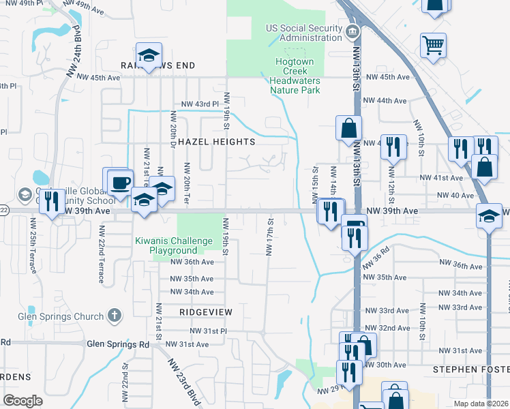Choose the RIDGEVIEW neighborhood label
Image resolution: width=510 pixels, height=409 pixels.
pyautogui.click(x=206, y=312)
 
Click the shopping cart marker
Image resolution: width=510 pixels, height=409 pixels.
pyautogui.click(x=433, y=46)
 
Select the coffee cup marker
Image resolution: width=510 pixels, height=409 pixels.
pyautogui.click(x=121, y=183)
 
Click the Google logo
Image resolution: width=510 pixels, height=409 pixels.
pyautogui.click(x=22, y=401)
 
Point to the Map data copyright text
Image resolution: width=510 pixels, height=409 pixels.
pyautogui.click(x=481, y=404)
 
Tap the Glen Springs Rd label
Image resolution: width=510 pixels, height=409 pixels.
pyautogui.click(x=118, y=344)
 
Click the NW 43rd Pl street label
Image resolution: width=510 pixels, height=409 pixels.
pyautogui.click(x=199, y=104)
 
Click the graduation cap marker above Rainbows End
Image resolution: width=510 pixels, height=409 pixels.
pyautogui.click(x=148, y=56)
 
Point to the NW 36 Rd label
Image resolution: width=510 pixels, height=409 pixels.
pyautogui.click(x=375, y=260)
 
